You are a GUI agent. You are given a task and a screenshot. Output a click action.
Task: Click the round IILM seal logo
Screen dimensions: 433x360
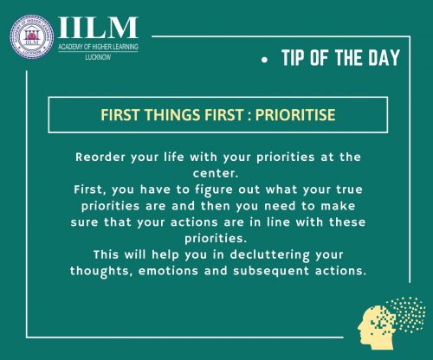[x=32, y=37]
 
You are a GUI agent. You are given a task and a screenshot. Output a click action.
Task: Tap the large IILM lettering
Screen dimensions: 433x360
[x=98, y=28]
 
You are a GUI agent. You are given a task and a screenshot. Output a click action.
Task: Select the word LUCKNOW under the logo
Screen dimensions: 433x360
[x=98, y=57]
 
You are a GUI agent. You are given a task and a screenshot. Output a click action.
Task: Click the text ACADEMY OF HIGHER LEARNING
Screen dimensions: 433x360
[x=98, y=47]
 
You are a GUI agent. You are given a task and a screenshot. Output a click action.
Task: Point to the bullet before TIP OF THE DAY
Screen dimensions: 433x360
[x=264, y=60]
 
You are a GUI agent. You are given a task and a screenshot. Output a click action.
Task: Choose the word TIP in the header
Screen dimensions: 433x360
[x=293, y=58]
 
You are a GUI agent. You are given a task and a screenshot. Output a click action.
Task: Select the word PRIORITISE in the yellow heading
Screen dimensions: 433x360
[x=295, y=115]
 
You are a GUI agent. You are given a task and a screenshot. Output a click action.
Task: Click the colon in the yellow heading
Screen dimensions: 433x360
[x=249, y=116]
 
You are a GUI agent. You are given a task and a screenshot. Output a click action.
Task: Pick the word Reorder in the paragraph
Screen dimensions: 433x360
[x=100, y=157]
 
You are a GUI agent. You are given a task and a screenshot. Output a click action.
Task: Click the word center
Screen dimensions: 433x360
[x=216, y=174]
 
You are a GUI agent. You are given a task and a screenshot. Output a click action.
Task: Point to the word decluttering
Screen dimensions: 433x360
[x=269, y=255]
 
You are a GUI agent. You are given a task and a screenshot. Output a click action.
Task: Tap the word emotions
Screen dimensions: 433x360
[x=168, y=271]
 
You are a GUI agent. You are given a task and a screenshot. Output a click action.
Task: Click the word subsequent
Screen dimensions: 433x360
[x=271, y=272]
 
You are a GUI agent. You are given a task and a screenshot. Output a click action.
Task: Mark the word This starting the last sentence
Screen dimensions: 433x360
[x=106, y=254]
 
